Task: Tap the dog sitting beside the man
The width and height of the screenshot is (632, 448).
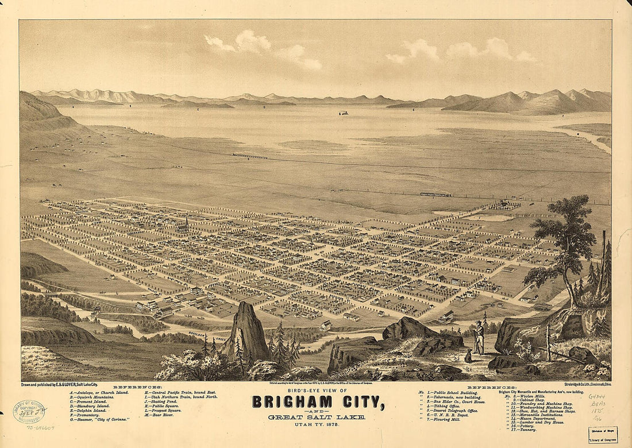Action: [x=468, y=357]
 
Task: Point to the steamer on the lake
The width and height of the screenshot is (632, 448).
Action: [x=344, y=113]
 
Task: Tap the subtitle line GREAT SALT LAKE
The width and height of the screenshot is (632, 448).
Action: [x=317, y=417]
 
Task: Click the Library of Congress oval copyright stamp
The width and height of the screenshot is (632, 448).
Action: [x=29, y=411]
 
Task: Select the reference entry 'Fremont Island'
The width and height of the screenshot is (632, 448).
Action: [x=92, y=401]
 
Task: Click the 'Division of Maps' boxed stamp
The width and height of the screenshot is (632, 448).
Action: [x=603, y=434]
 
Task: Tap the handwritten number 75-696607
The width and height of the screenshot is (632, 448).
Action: [x=40, y=428]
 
